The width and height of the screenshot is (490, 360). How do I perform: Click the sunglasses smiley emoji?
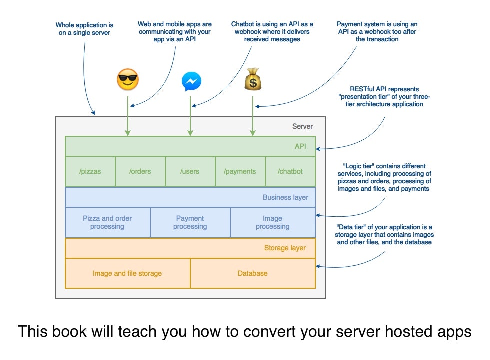(x=127, y=80)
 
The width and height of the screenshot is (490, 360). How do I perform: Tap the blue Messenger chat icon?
(x=191, y=81)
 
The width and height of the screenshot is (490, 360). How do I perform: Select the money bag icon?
(x=253, y=80)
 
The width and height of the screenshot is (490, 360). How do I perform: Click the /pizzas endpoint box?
(x=90, y=171)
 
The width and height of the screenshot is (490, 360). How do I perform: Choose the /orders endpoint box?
(x=140, y=171)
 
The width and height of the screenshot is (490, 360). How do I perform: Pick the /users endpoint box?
(x=190, y=171)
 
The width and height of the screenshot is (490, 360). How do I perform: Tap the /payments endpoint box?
(x=240, y=171)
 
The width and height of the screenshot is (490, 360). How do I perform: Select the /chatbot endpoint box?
(x=290, y=171)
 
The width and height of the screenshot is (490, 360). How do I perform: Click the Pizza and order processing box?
(x=107, y=222)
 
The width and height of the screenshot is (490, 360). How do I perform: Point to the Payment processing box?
(x=190, y=222)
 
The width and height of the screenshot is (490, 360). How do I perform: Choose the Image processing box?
(x=272, y=222)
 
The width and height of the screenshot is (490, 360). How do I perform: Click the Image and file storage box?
(x=127, y=273)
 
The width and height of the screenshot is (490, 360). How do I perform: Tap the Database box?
(x=252, y=273)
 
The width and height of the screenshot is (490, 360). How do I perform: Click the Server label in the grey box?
(x=302, y=126)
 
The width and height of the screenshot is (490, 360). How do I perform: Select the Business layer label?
(x=285, y=197)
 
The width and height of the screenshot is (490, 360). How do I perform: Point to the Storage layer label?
(x=285, y=248)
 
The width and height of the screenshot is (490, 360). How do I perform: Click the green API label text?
(x=300, y=146)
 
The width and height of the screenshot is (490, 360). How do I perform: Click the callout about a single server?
(x=84, y=29)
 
